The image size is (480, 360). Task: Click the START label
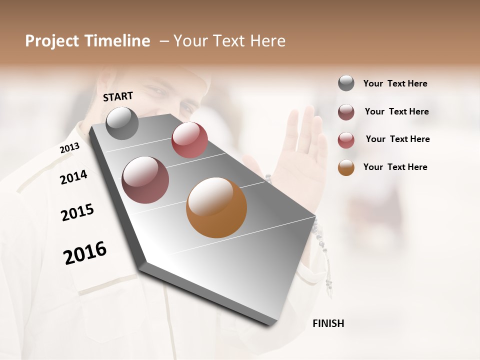click(x=118, y=96)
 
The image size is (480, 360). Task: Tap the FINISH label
click(x=328, y=323)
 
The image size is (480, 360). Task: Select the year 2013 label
click(x=69, y=148)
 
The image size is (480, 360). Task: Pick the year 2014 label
click(x=74, y=177)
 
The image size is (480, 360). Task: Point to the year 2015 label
click(x=77, y=212)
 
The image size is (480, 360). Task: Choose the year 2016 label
click(x=85, y=253)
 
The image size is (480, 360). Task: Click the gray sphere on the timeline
click(x=122, y=123)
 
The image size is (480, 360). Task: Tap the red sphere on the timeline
click(x=189, y=140)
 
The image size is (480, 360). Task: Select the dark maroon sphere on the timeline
click(x=145, y=180)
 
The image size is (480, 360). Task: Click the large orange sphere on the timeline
click(x=216, y=207)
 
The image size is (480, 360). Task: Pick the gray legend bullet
click(x=346, y=83)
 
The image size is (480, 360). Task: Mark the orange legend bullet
click(x=346, y=167)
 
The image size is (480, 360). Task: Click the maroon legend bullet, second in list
click(x=346, y=112)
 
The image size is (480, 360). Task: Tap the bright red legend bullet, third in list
click(x=346, y=140)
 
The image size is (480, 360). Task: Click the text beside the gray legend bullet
click(x=395, y=84)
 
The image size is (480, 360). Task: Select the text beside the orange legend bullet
click(x=395, y=167)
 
